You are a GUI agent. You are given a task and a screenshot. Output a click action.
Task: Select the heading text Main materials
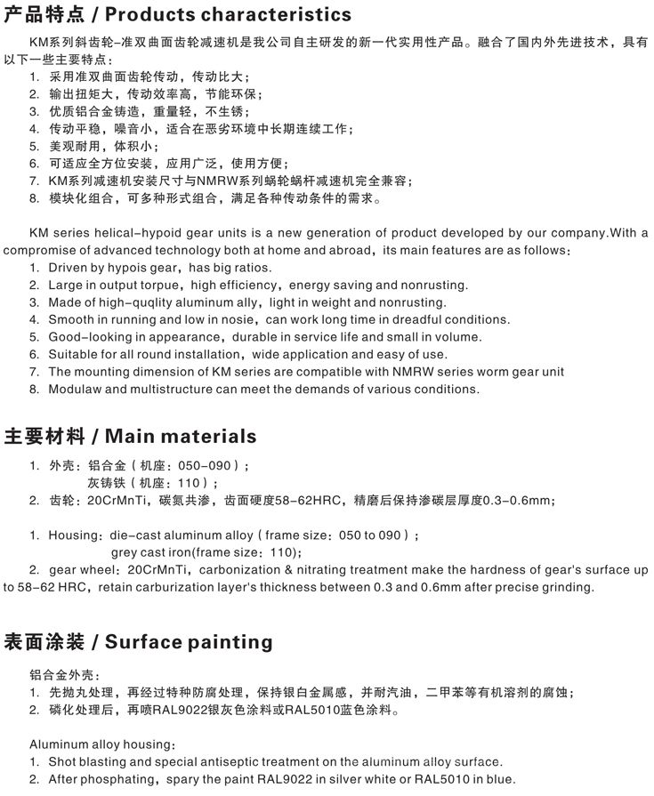coord(182,436)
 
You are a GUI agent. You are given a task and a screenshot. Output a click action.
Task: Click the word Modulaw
coord(77,389)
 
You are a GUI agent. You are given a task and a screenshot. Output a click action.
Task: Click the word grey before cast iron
coord(125,552)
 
